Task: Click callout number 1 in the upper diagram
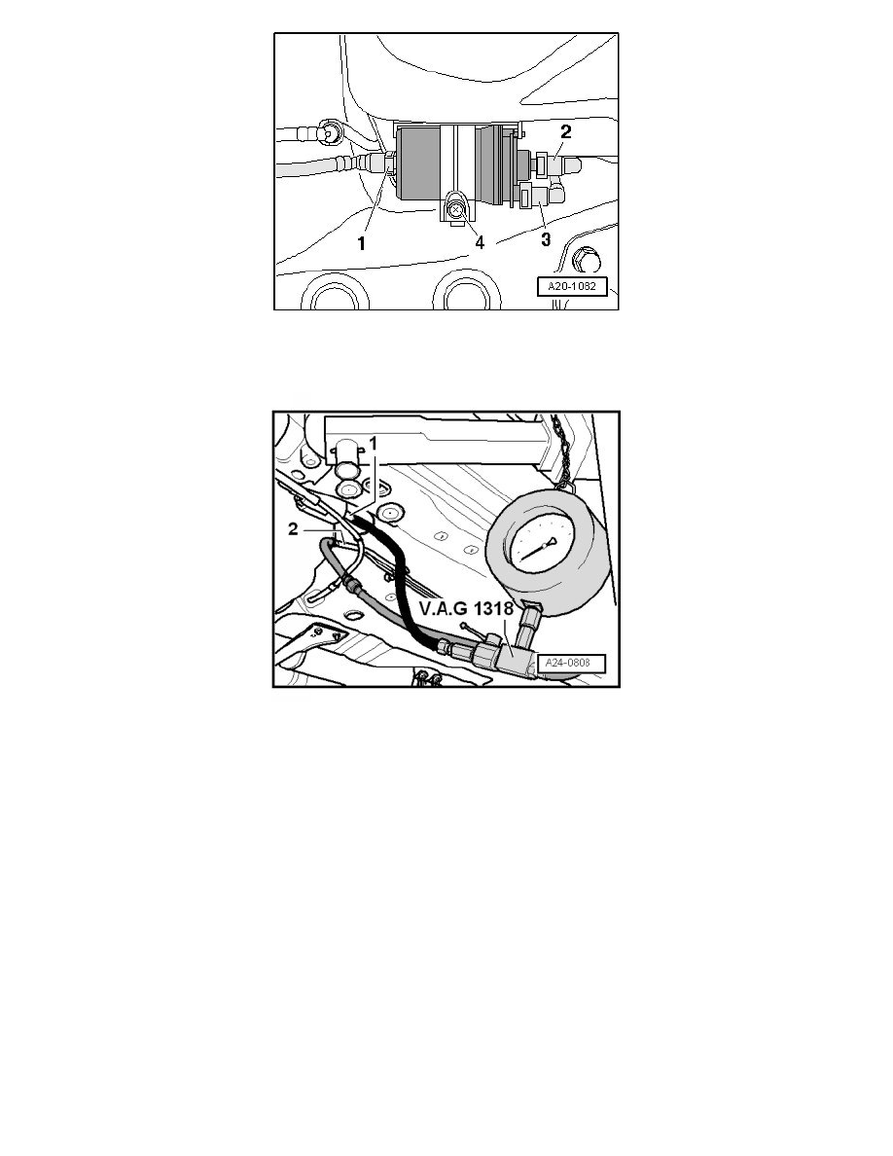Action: point(361,243)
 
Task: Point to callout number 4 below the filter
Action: point(481,241)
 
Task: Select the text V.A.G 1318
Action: point(454,613)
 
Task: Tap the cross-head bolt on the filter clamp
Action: point(456,208)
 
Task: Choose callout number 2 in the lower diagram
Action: point(293,531)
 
